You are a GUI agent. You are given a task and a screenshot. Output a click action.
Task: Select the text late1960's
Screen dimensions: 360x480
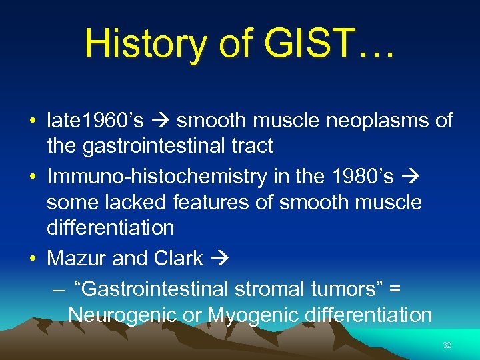tap(95, 121)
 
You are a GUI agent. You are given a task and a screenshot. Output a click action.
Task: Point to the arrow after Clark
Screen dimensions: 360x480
tap(217, 258)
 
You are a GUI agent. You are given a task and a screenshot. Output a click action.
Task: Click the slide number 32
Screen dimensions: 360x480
tap(447, 345)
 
